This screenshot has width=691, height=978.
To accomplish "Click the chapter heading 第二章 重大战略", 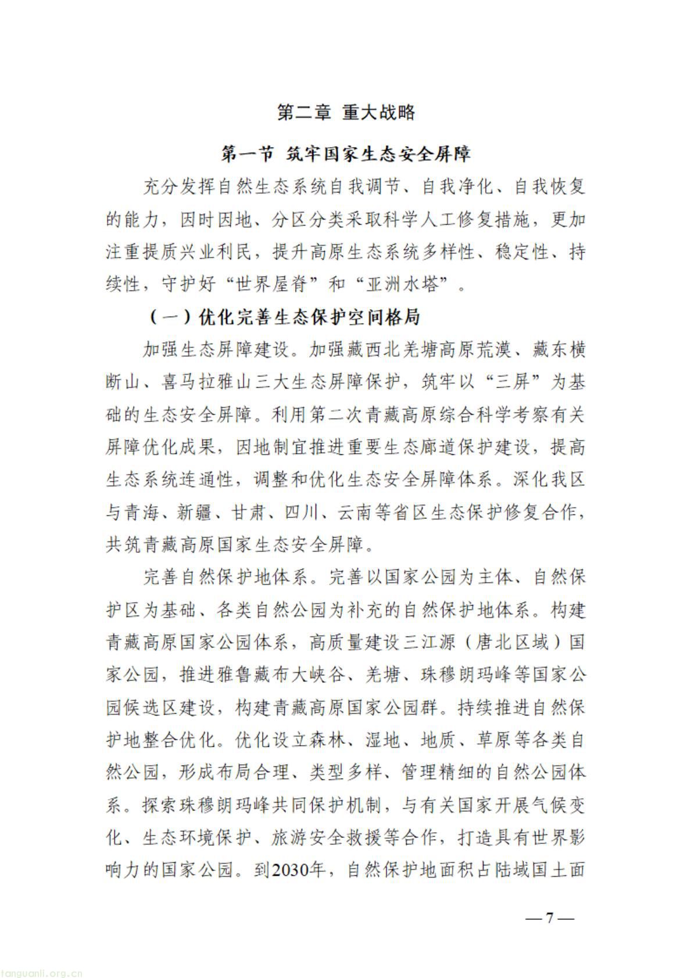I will tap(346, 112).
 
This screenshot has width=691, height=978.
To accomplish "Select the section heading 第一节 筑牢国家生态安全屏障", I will tap(346, 155).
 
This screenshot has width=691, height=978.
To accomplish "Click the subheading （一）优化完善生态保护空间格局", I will tap(284, 318).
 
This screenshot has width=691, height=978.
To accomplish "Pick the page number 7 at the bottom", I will tap(549, 919).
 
